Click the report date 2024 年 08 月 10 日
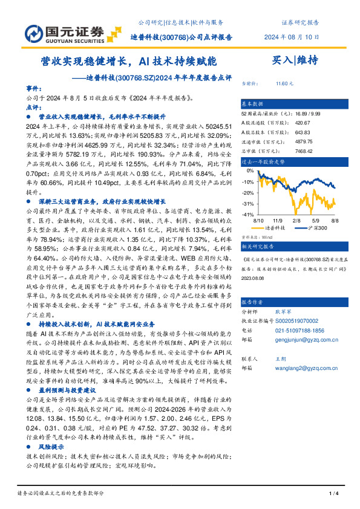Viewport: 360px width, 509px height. (292, 36)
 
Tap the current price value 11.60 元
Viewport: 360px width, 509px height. (284, 83)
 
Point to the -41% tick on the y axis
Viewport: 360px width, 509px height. (247, 215)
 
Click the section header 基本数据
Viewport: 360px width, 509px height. (252, 103)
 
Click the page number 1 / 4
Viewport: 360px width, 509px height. (332, 494)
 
